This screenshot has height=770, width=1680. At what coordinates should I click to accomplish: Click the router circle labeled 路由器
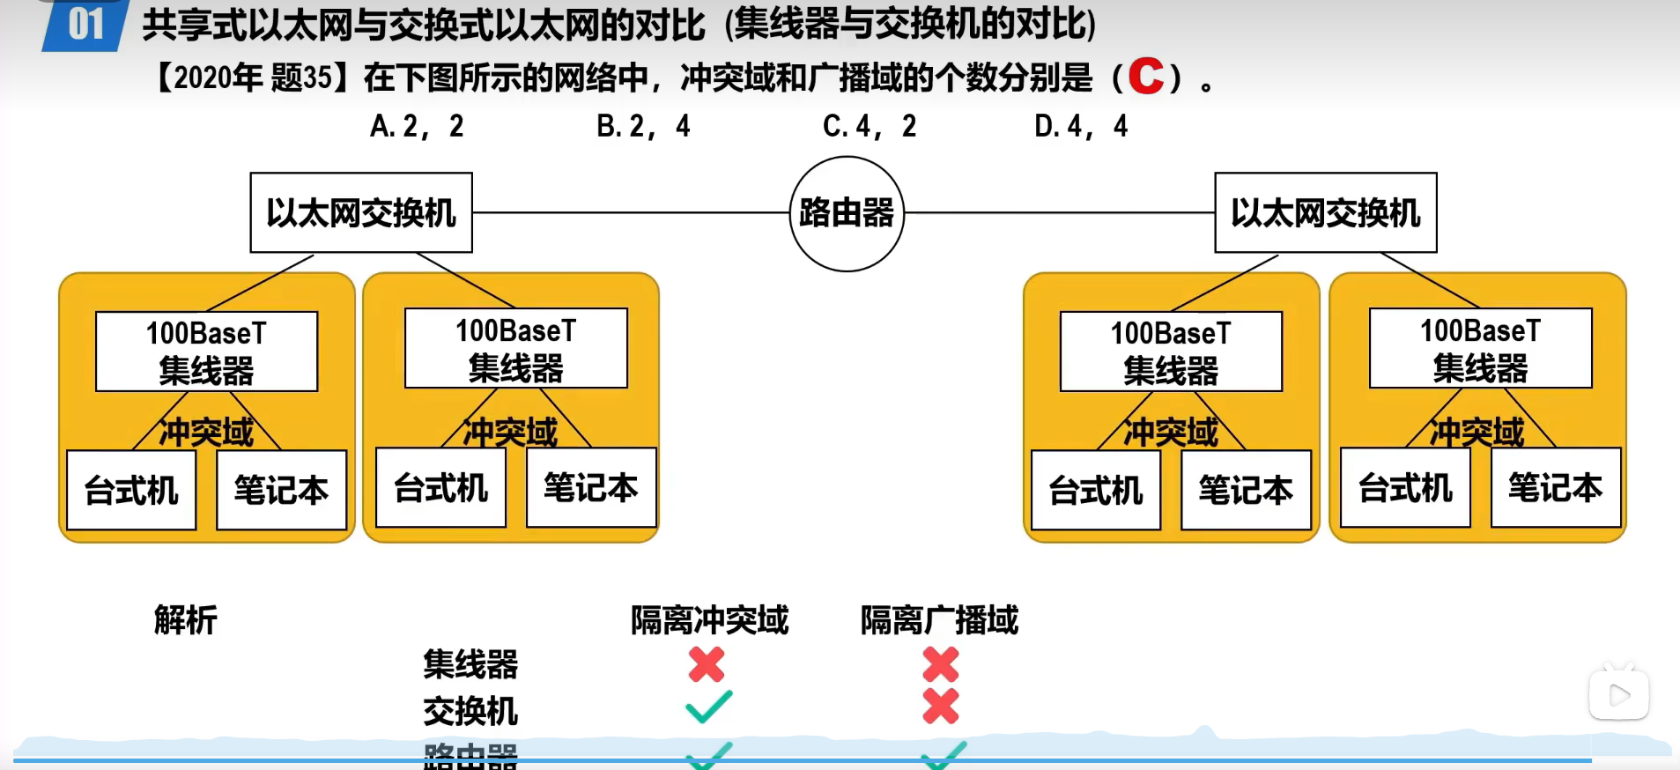[x=847, y=214]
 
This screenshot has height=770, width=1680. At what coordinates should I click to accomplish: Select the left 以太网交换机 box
[x=361, y=213]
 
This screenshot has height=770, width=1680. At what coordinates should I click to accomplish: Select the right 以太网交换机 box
[x=1325, y=213]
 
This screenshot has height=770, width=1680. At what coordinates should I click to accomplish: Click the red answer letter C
[x=1145, y=77]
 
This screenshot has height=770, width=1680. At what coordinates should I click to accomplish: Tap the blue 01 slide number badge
[x=85, y=25]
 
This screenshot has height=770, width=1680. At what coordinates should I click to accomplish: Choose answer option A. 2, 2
[x=417, y=127]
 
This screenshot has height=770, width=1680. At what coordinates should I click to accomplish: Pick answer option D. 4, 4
[x=1080, y=127]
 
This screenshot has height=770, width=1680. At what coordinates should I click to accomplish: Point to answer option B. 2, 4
[x=643, y=127]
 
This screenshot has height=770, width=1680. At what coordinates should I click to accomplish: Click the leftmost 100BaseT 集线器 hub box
[x=206, y=352]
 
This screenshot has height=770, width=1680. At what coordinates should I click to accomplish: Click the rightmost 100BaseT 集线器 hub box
[x=1480, y=348]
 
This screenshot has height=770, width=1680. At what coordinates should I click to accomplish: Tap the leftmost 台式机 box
[x=131, y=491]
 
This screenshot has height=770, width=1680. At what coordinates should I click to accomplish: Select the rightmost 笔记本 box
[x=1555, y=488]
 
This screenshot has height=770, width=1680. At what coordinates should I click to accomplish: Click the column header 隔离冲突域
[x=709, y=620]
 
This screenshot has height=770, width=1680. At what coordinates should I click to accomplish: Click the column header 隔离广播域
[x=939, y=620]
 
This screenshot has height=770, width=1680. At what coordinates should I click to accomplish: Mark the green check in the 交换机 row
[x=708, y=707]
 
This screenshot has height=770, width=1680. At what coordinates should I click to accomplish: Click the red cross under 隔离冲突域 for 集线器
[x=707, y=664]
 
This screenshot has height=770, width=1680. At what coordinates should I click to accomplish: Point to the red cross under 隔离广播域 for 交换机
[x=940, y=707]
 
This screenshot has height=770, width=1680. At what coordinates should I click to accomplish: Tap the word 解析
[x=185, y=620]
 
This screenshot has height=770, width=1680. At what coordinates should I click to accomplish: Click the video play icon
[x=1619, y=696]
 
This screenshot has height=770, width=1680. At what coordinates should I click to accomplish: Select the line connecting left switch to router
[x=630, y=212]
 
